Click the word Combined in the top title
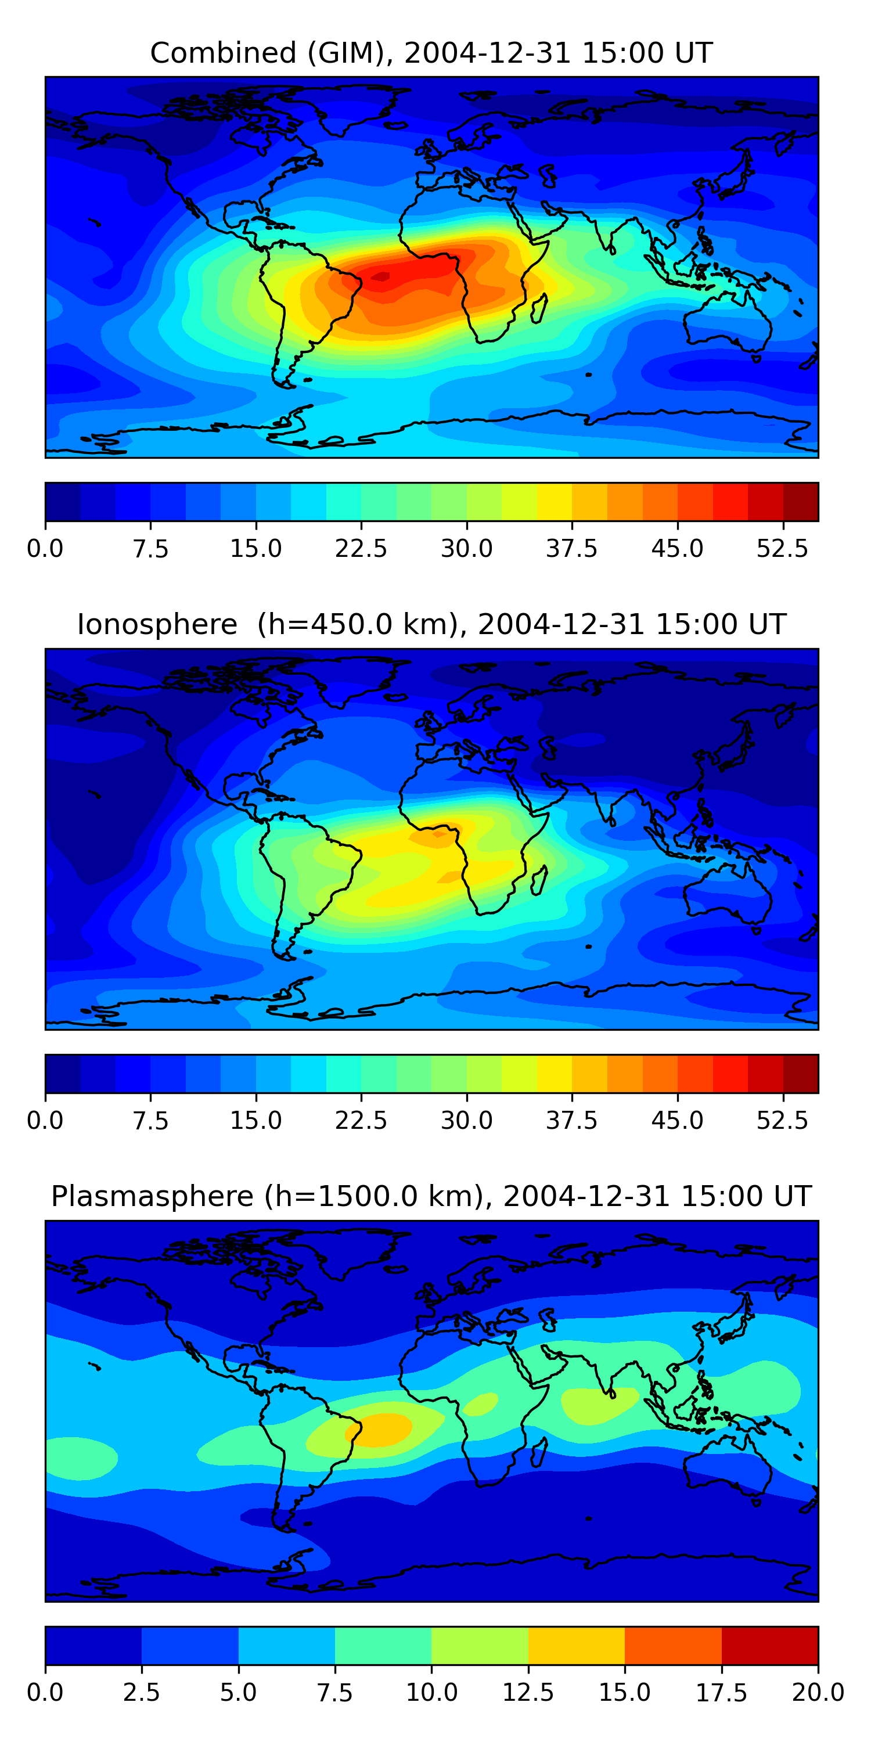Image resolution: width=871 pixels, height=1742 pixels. pyautogui.click(x=223, y=53)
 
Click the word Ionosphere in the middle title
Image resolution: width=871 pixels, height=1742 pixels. pyautogui.click(x=157, y=625)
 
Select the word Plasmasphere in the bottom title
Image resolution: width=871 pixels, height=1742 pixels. pyautogui.click(x=152, y=1197)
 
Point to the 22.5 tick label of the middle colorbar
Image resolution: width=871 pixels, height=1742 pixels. pyautogui.click(x=361, y=1121)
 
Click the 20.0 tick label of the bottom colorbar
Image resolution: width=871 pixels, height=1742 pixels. pyautogui.click(x=818, y=1693)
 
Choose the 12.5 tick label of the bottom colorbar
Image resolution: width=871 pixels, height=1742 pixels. pyautogui.click(x=528, y=1693)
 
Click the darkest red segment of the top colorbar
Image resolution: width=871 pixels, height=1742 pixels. pyautogui.click(x=801, y=502)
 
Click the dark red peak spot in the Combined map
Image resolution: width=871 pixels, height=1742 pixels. pyautogui.click(x=381, y=276)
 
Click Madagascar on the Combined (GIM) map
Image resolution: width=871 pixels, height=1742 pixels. pyautogui.click(x=539, y=309)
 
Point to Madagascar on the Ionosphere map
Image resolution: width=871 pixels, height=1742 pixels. pyautogui.click(x=539, y=881)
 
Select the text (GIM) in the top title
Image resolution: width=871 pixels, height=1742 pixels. pyautogui.click(x=350, y=53)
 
